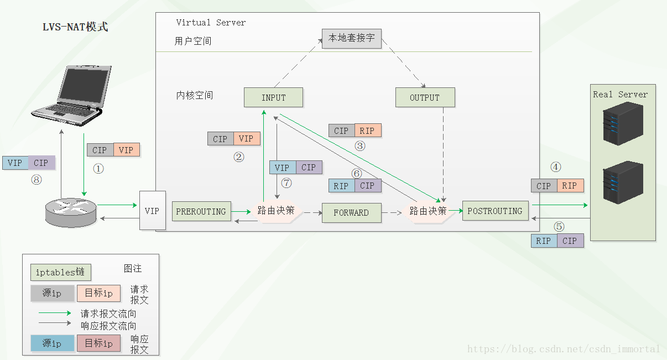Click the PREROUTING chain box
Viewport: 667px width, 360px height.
pos(201,211)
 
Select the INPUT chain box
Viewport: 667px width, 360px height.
pos(273,97)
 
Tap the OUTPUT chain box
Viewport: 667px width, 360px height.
pos(425,97)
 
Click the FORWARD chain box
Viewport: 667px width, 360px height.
pos(351,213)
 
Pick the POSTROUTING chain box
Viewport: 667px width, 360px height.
pos(495,211)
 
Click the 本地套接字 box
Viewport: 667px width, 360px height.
pos(352,38)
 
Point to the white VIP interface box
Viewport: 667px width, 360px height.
pos(152,211)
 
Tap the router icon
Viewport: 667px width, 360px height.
pos(71,211)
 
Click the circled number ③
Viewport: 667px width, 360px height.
pos(360,147)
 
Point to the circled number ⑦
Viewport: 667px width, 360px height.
pos(286,182)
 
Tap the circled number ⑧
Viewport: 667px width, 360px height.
pos(37,179)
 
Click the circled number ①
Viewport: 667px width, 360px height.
pos(98,169)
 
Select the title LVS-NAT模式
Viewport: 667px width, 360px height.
pos(75,27)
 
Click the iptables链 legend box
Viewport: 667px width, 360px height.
pos(60,272)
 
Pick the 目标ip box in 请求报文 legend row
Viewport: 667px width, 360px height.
pos(99,293)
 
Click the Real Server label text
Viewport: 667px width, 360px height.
pos(620,95)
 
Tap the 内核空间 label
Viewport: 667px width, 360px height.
pos(195,96)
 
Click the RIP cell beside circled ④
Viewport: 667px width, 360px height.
pos(570,186)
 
